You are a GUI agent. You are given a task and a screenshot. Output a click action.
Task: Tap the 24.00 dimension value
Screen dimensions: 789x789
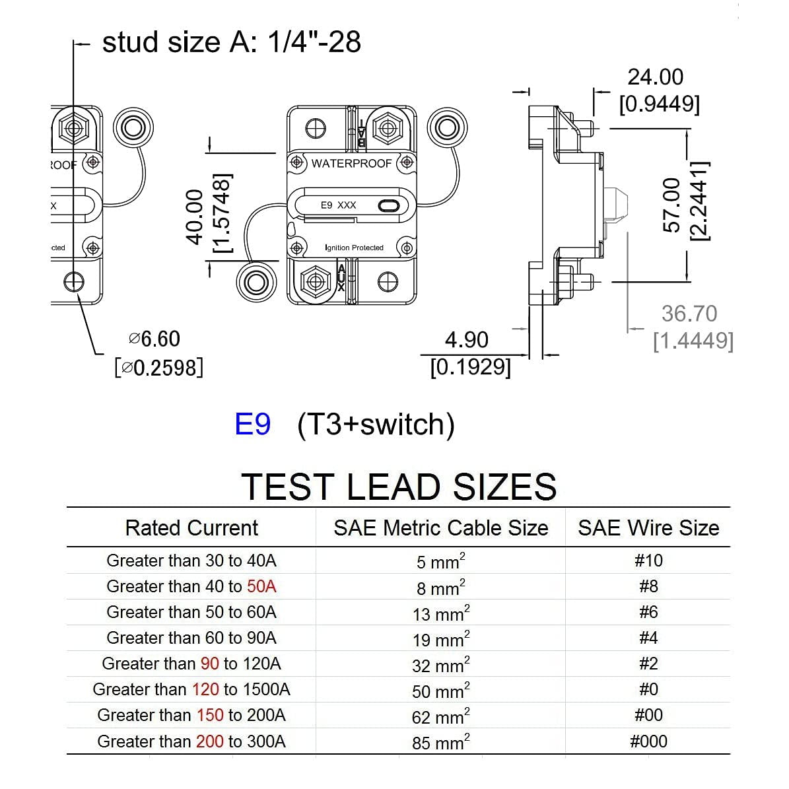coord(655,77)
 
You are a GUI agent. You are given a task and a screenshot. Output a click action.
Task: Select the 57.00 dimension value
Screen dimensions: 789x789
coord(671,205)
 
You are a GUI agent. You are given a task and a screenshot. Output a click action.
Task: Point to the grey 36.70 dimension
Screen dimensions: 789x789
coord(689,314)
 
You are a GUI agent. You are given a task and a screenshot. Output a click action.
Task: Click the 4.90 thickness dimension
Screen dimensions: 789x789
coord(466,340)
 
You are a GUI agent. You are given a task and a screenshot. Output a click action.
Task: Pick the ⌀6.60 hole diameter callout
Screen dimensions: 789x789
coord(154,339)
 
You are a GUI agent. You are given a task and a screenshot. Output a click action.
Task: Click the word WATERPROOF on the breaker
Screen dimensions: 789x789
coord(351,163)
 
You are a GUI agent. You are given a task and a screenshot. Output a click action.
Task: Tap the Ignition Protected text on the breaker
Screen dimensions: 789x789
coord(354,248)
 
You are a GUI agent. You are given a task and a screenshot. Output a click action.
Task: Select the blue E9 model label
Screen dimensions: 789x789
coord(252,424)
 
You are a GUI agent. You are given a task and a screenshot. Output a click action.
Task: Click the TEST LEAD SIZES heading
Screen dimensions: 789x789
coord(399,487)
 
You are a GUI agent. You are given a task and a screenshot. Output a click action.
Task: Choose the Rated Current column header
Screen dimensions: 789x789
coord(191,528)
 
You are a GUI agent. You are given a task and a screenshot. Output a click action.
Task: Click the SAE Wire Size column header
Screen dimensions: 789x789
coord(648,528)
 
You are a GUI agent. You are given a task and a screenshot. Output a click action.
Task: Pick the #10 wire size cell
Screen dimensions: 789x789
coord(648,561)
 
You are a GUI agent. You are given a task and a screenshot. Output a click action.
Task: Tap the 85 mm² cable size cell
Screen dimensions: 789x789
coord(440,742)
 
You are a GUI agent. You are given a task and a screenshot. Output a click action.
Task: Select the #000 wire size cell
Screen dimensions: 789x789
coord(648,741)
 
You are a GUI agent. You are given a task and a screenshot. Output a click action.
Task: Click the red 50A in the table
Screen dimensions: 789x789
coord(261,586)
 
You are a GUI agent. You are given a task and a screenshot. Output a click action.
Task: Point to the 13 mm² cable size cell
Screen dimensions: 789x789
coord(440,613)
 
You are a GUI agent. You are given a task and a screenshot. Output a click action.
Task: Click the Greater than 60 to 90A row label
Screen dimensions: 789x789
coord(191,638)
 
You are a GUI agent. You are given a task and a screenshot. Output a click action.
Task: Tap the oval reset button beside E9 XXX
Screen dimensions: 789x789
coord(389,206)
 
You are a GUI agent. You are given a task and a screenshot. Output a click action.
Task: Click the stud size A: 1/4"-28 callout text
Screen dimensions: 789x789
coord(231,42)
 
